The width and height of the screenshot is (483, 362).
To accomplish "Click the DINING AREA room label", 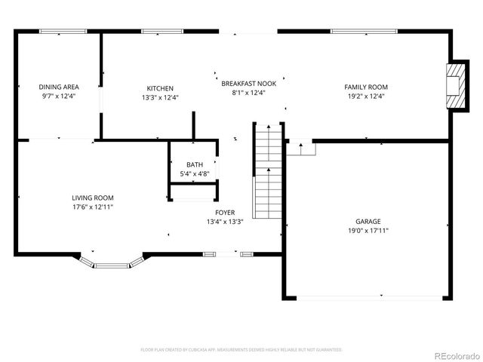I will pos(58,87).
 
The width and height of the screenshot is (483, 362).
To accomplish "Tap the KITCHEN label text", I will pos(160,87).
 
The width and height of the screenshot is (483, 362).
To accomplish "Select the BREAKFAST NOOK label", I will pos(248,83).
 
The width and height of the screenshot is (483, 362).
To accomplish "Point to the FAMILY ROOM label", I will pos(366,87).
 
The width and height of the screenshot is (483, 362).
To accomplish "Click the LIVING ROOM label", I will pos(93,198).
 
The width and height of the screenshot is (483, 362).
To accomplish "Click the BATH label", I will pos(195,164).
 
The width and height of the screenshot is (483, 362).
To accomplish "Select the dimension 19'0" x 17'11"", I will pos(368,231).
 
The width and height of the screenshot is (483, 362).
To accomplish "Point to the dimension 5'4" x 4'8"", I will pos(195,174).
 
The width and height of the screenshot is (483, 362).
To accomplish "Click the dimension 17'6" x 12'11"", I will pos(93,207).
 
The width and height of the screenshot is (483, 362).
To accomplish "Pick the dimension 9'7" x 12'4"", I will pos(58,97).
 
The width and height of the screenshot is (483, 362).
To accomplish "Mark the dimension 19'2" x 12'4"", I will pos(366,97).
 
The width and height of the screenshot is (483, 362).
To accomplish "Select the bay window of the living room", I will pos(112,263).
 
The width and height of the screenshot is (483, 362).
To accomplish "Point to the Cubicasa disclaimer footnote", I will pos(241,350).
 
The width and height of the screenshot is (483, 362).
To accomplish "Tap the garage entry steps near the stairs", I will pos(300,149).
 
